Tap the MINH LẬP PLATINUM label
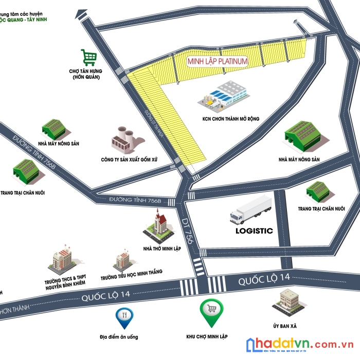[218, 61]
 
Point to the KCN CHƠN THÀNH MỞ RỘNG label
[231, 119]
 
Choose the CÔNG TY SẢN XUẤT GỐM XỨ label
[129, 159]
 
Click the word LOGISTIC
[254, 231]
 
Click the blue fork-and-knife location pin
[123, 318]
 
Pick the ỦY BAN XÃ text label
[285, 326]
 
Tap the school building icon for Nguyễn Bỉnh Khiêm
[61, 262]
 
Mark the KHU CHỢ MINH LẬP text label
[207, 336]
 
